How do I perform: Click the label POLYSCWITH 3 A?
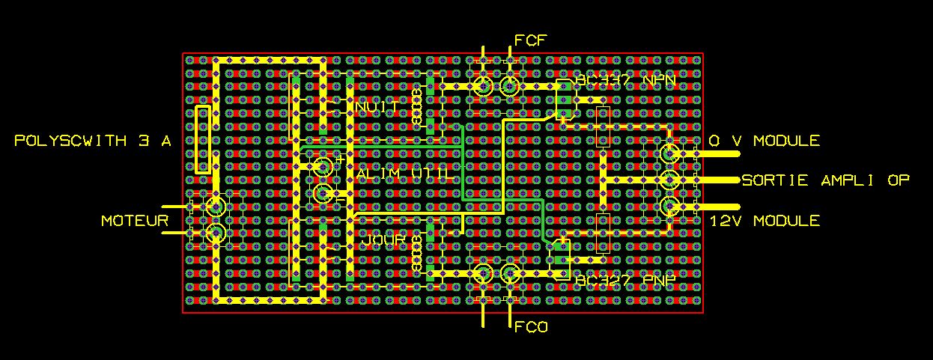click(x=94, y=141)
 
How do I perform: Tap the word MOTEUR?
click(x=136, y=221)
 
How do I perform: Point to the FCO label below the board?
click(x=532, y=327)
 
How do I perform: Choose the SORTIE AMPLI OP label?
click(x=826, y=180)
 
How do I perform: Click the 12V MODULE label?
click(x=765, y=221)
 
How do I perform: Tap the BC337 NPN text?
click(x=626, y=81)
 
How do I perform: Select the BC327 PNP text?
click(x=626, y=280)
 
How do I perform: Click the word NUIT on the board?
click(x=377, y=108)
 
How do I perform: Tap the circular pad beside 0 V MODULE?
click(x=669, y=154)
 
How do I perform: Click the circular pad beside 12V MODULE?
click(x=669, y=207)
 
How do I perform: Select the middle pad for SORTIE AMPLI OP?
click(x=669, y=180)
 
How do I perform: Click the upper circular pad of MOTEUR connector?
click(x=216, y=207)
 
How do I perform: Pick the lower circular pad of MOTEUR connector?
click(x=216, y=234)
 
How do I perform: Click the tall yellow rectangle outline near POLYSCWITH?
click(x=202, y=141)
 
